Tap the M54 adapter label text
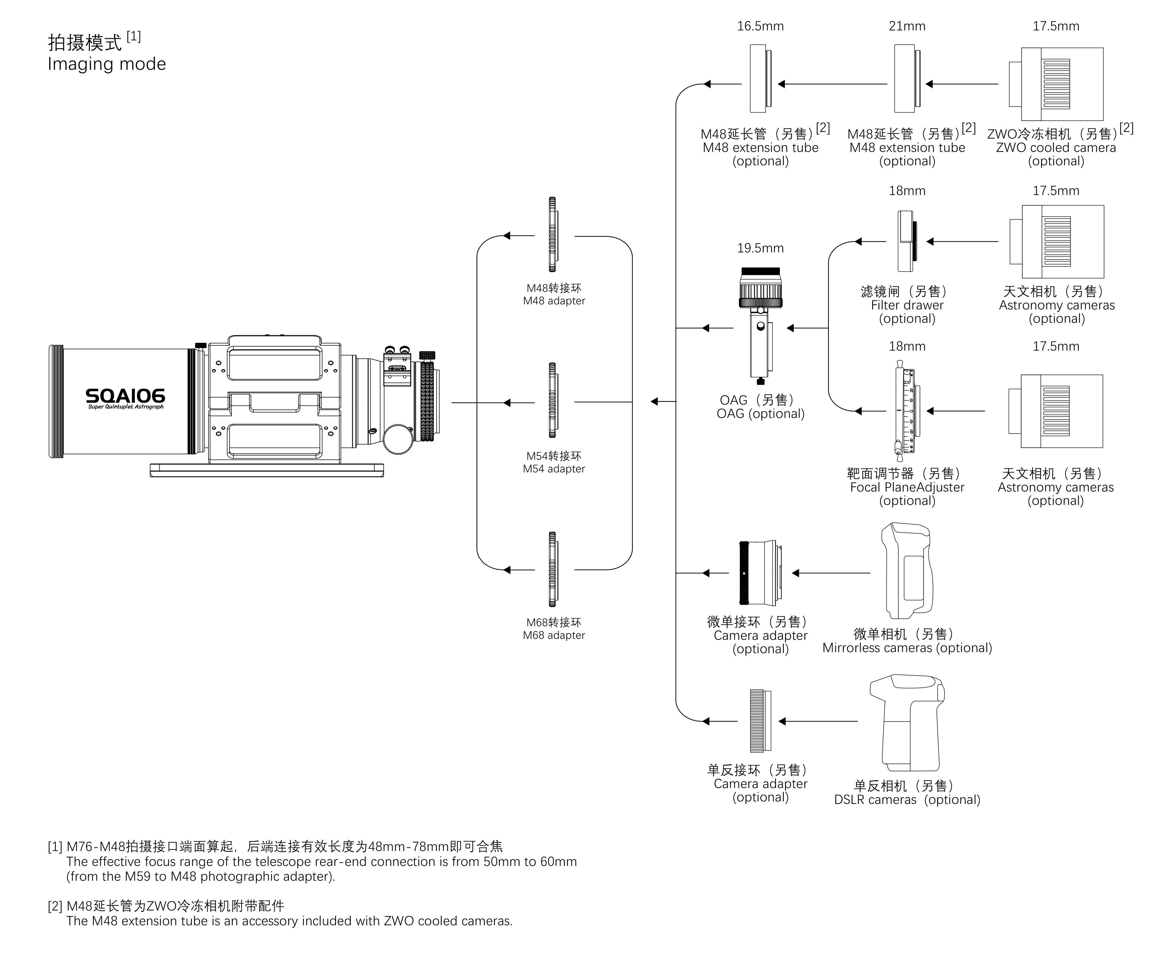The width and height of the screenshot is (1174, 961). [554, 469]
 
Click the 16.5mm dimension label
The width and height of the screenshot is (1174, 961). [760, 26]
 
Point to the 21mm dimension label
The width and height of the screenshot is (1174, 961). [907, 26]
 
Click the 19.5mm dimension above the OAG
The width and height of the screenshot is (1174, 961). [760, 248]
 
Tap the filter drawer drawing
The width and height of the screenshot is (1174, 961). [907, 241]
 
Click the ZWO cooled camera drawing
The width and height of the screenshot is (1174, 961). [1055, 84]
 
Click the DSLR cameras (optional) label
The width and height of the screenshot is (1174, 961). [907, 800]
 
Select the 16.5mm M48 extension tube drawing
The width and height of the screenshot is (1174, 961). [760, 79]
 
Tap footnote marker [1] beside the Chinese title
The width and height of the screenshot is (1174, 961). [134, 37]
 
